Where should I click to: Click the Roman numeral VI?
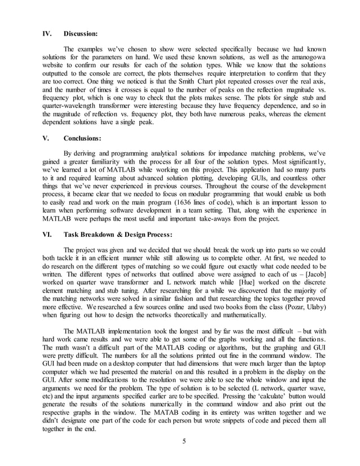coord(47,234)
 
